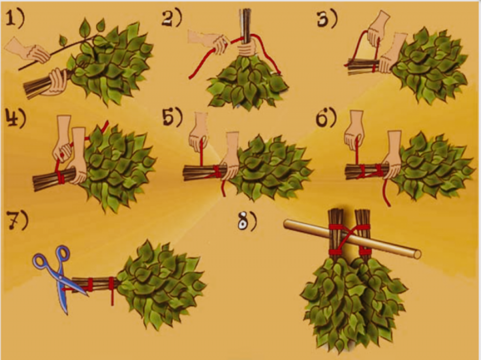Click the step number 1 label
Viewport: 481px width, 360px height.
15,18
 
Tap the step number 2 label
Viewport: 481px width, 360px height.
172,18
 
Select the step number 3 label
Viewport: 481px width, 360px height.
327,19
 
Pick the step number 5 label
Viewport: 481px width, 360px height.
172,117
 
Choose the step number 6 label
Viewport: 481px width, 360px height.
326,117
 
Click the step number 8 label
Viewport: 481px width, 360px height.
247,221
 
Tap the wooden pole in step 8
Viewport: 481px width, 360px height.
352,239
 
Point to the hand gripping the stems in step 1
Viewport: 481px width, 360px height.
58,81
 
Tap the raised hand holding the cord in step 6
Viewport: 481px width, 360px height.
355,131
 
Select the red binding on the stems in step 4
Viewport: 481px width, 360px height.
61,176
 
